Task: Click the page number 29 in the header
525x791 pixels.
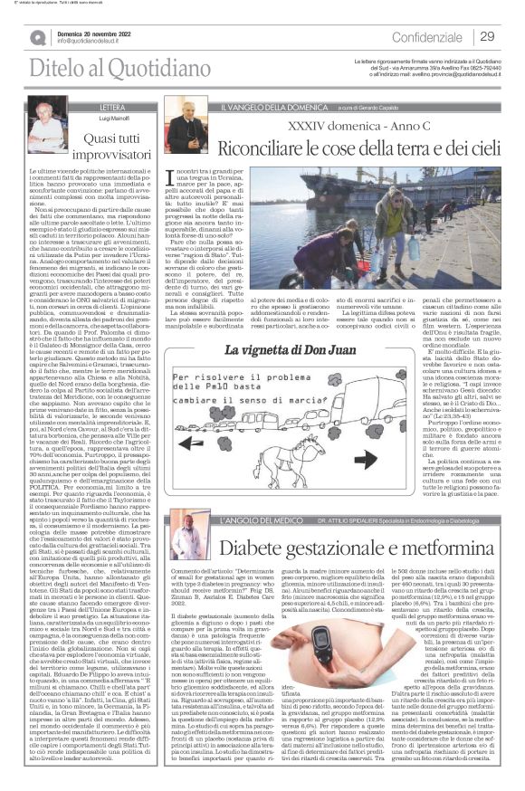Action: pyautogui.click(x=486, y=37)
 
